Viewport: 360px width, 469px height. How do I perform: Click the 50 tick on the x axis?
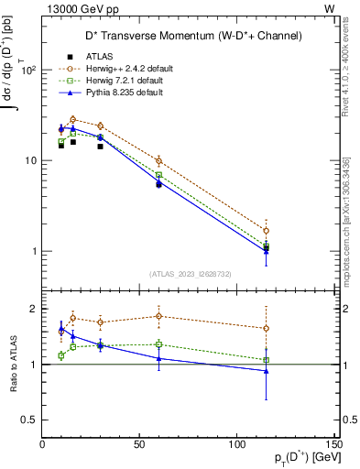point(139,445)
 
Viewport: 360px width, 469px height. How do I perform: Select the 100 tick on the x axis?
point(236,445)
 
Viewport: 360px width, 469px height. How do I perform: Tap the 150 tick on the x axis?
point(333,445)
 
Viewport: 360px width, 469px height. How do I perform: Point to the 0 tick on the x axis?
point(42,445)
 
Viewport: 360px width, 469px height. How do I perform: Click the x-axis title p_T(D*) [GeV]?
point(297,459)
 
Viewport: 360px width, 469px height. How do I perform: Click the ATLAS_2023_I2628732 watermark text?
point(190,272)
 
